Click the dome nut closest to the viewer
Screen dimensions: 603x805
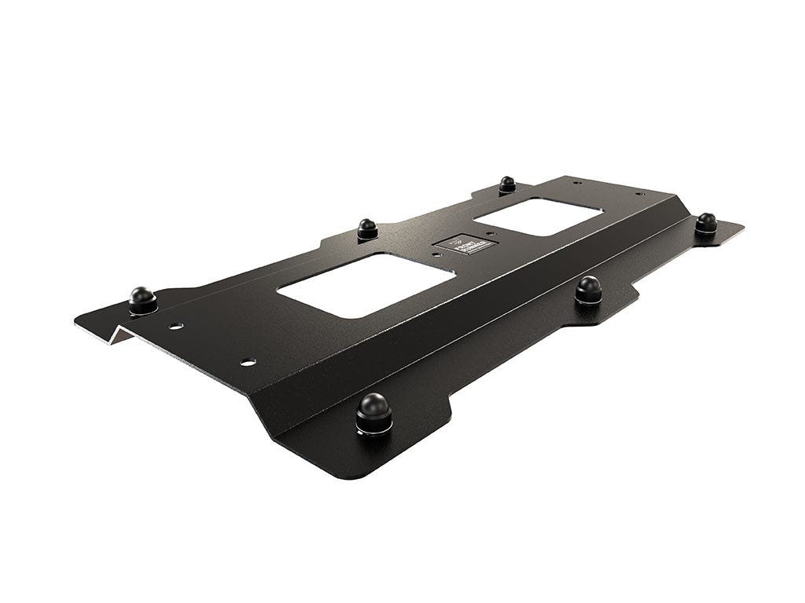[x=373, y=412]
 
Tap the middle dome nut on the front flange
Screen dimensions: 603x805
[x=588, y=289]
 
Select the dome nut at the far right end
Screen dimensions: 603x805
[x=706, y=223]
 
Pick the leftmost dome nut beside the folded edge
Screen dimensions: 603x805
[x=142, y=300]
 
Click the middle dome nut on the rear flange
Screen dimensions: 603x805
[x=367, y=228]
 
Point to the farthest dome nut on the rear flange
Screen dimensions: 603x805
[x=507, y=185]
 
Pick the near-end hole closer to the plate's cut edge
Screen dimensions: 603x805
[x=248, y=362]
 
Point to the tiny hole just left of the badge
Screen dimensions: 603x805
[x=437, y=253]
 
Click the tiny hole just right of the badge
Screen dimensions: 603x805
[x=490, y=233]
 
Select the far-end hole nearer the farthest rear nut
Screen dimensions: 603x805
[x=578, y=183]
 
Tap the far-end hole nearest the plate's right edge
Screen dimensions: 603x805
[x=640, y=194]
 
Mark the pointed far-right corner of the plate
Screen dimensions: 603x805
[x=742, y=228]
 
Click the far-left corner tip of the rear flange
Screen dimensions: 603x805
[x=78, y=320]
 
